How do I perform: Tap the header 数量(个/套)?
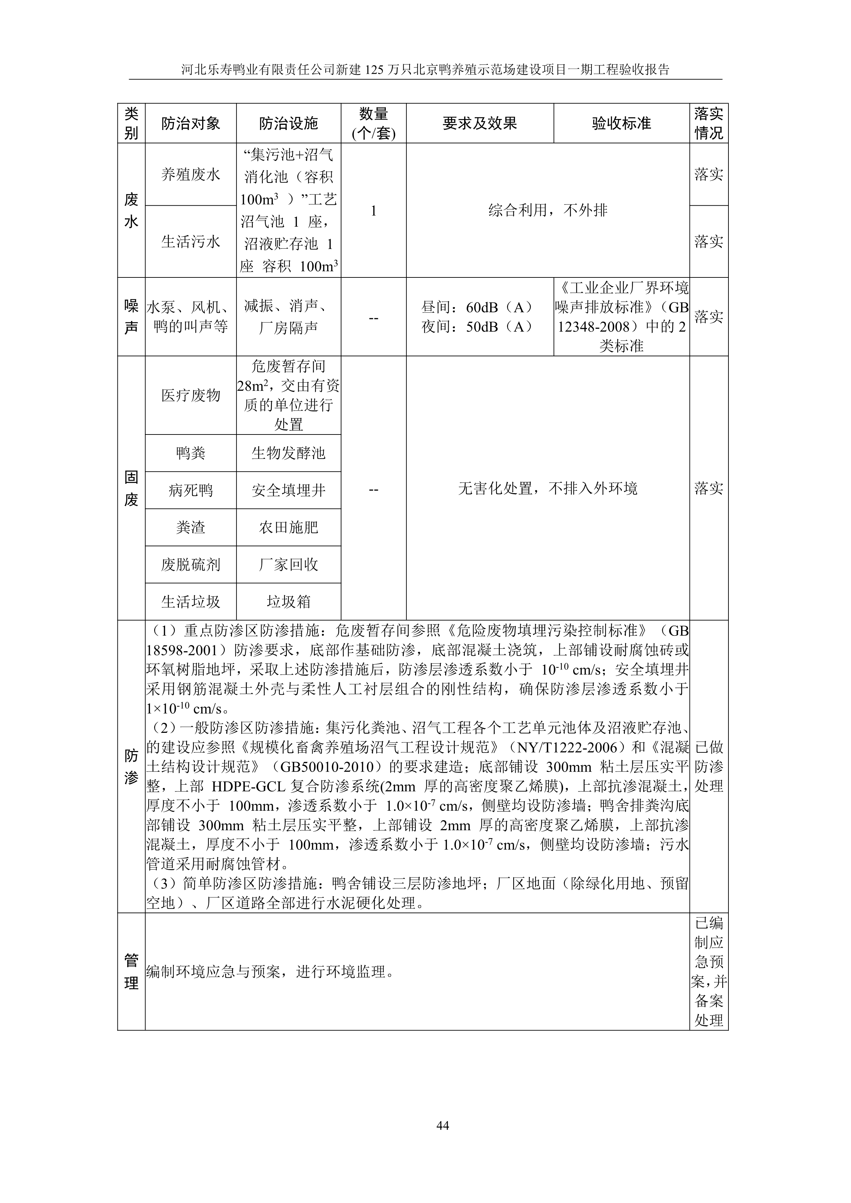(373, 124)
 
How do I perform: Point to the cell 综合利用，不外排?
(548, 211)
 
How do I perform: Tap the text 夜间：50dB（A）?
(477, 327)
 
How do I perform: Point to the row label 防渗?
(131, 766)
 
